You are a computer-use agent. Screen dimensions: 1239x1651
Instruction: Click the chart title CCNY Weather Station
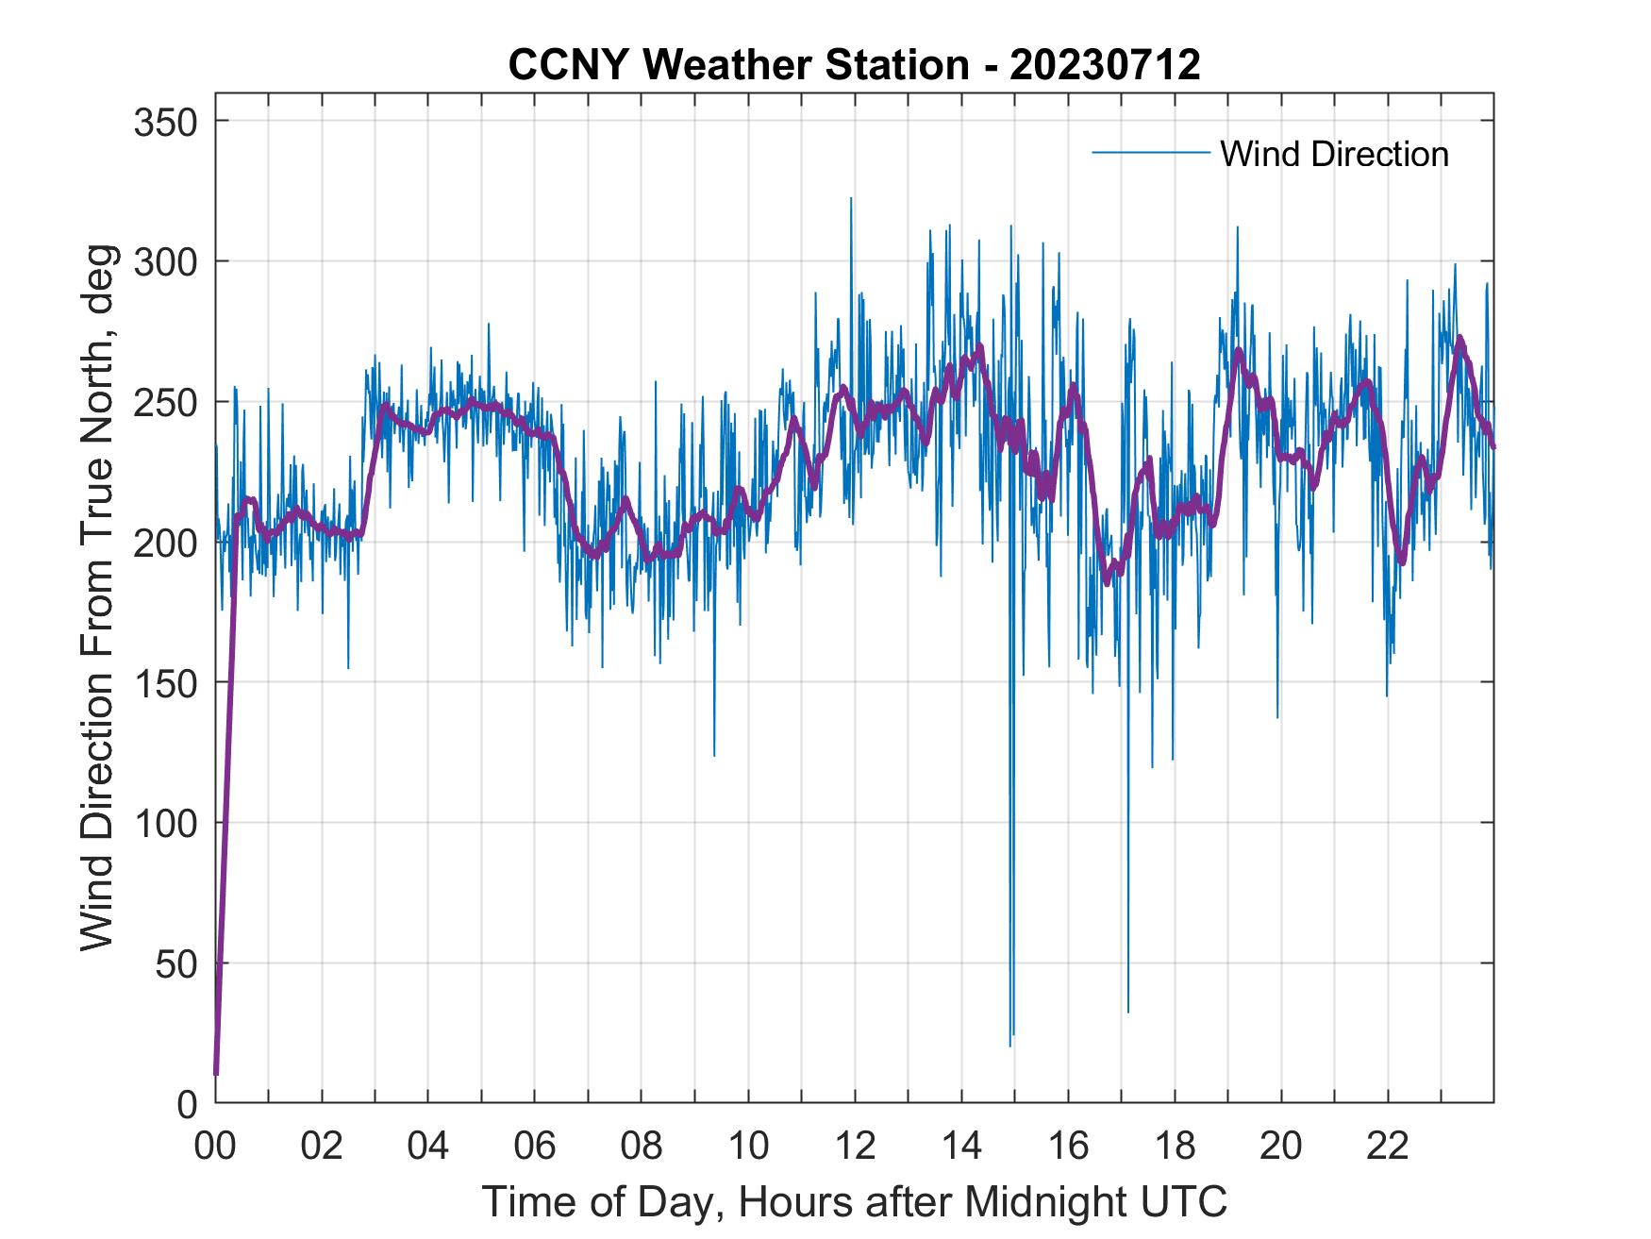pos(740,65)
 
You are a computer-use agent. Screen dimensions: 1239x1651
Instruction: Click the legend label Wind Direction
pos(1334,154)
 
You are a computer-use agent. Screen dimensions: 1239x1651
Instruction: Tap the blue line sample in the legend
pos(1150,153)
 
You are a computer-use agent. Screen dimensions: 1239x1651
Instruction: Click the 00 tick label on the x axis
pos(215,1147)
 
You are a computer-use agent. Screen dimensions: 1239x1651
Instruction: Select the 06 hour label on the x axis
pos(535,1147)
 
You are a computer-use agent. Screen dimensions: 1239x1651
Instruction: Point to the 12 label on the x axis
pos(855,1147)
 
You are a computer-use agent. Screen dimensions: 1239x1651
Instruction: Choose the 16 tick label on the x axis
pos(1068,1147)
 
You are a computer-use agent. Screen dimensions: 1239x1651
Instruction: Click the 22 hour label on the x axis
pos(1388,1147)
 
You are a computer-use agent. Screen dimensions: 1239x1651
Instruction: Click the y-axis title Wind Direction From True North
pos(97,597)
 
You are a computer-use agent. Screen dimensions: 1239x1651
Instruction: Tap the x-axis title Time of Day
pos(855,1202)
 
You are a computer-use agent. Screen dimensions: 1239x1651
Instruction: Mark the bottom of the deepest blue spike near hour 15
pos(1009,1046)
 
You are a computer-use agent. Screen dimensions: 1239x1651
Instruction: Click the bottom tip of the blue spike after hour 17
pos(1127,1013)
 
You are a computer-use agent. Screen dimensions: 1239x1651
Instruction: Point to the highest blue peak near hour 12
pos(851,198)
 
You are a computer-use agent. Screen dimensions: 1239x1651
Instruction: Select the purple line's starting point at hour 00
pos(216,1073)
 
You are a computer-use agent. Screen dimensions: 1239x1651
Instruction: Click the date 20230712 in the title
pos(1105,65)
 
